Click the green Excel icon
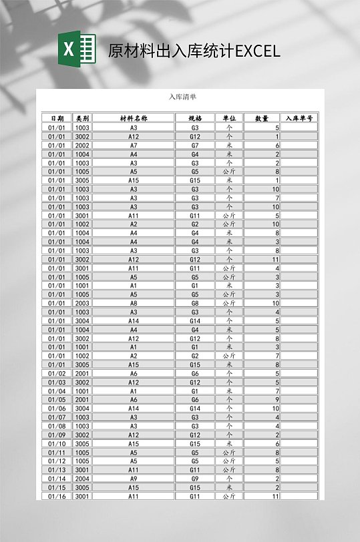(77, 49)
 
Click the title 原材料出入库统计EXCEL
(194, 51)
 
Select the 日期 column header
(57, 118)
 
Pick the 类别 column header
(82, 118)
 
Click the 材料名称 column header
(134, 118)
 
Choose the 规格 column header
(195, 118)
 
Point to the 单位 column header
(229, 118)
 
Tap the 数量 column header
(262, 118)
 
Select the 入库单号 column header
(299, 118)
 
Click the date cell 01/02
(57, 373)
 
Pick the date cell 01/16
(57, 496)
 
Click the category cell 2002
(82, 145)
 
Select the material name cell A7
(134, 145)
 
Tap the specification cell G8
(195, 303)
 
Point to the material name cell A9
(134, 479)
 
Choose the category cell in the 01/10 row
(82, 443)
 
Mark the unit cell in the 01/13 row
(229, 469)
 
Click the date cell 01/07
(57, 417)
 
